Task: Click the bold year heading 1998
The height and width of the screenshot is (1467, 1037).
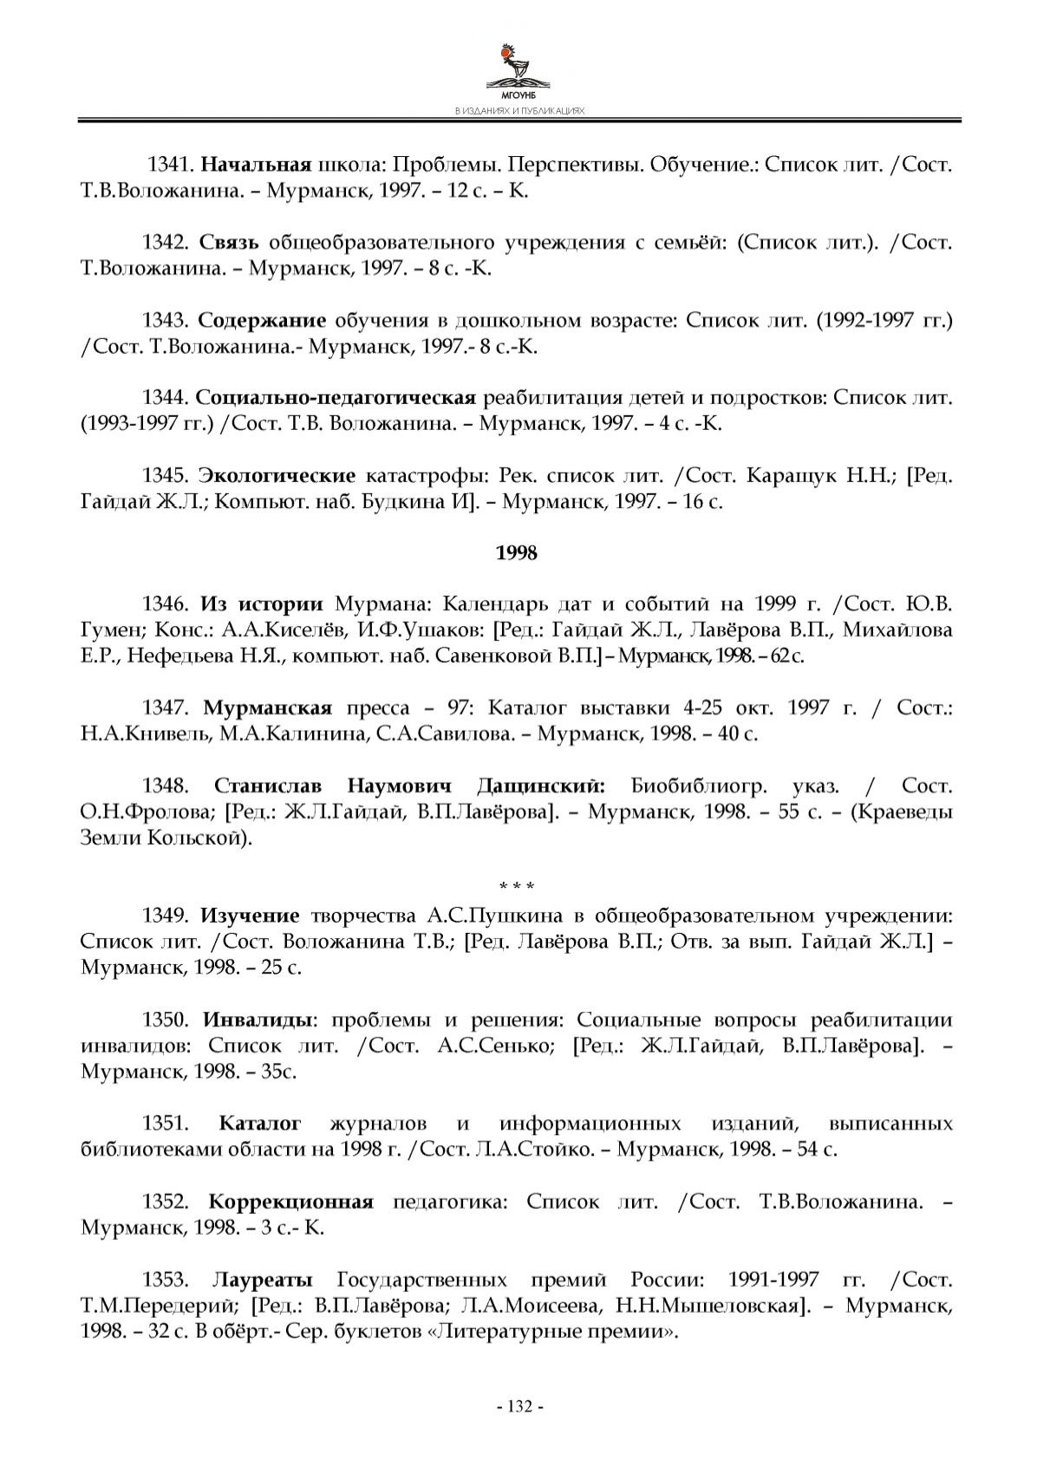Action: [x=517, y=553]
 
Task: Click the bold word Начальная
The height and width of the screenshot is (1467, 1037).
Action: [x=257, y=164]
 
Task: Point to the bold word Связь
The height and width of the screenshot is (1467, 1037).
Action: [x=230, y=242]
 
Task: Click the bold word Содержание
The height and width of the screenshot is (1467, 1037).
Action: [x=262, y=320]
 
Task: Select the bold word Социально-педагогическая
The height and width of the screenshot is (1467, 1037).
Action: [x=336, y=398]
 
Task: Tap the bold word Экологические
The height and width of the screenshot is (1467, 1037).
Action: [x=277, y=476]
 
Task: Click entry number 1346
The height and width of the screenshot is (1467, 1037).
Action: [x=166, y=603]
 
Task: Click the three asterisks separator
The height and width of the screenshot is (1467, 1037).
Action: [x=517, y=886]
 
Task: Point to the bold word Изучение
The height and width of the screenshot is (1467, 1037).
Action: [x=250, y=916]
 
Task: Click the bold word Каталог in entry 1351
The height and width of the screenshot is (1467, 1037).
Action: [x=260, y=1124]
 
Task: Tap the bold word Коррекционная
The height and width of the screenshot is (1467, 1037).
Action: [x=290, y=1202]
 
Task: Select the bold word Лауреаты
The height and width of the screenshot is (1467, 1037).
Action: [x=263, y=1280]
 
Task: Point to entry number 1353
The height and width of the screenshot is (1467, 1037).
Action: [x=166, y=1280]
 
